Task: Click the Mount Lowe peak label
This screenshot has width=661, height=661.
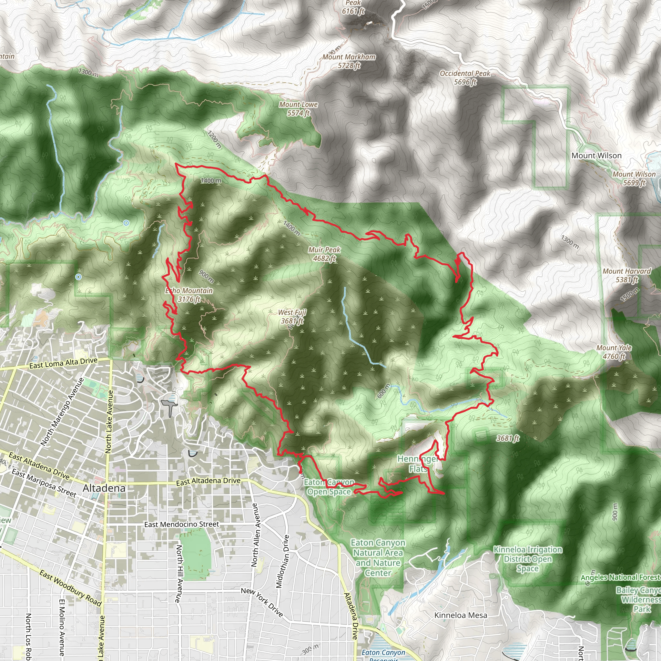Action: point(298,109)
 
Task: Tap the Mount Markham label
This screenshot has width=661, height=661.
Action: point(349,61)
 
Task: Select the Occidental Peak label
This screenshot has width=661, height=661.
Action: point(465,77)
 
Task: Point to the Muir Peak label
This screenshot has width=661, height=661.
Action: point(324,254)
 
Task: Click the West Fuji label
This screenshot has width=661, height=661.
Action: point(292,317)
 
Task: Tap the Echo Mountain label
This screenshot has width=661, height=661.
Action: point(189,295)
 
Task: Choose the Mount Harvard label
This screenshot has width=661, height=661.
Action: point(626,275)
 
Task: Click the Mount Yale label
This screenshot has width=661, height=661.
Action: point(614,352)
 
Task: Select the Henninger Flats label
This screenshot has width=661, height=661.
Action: point(418,464)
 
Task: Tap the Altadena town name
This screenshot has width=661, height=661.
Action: point(104,488)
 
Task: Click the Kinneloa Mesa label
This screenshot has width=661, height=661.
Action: point(461,615)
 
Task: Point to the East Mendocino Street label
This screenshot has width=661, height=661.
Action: point(181,524)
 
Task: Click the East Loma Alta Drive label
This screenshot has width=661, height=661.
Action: point(63,363)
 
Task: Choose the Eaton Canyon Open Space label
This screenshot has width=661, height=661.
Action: point(329,487)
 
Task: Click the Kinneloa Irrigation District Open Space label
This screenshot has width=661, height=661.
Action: point(528,559)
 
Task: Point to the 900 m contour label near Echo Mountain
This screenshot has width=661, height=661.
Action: point(206,277)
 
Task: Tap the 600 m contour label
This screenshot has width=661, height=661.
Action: point(383,391)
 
